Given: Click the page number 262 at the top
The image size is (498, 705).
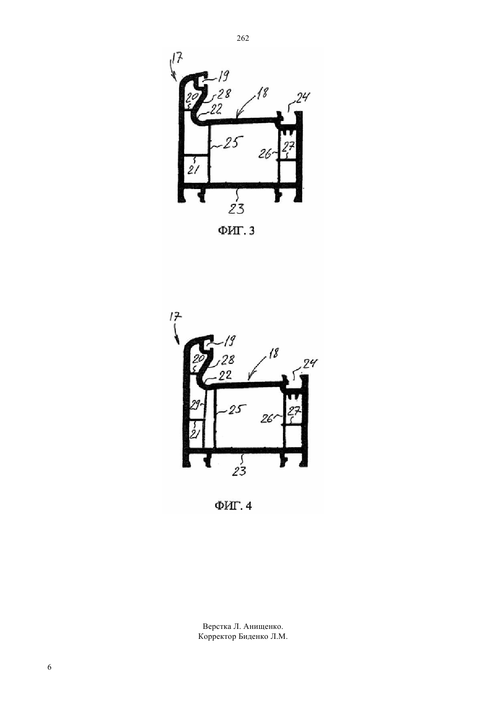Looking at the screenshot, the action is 243,39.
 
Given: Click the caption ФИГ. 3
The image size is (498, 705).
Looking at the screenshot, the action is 236,231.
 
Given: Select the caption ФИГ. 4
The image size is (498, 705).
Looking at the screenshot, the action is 233,506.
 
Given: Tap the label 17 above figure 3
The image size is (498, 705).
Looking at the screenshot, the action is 177,58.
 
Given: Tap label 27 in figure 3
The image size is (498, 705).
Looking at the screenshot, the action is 289,147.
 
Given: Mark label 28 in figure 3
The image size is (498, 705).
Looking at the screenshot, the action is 224,94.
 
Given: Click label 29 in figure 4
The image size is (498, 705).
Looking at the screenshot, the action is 195,406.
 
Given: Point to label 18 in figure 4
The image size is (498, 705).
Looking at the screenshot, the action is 273,353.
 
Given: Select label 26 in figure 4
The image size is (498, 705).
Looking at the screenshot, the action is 267,419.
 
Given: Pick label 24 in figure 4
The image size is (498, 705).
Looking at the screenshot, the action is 310,364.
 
